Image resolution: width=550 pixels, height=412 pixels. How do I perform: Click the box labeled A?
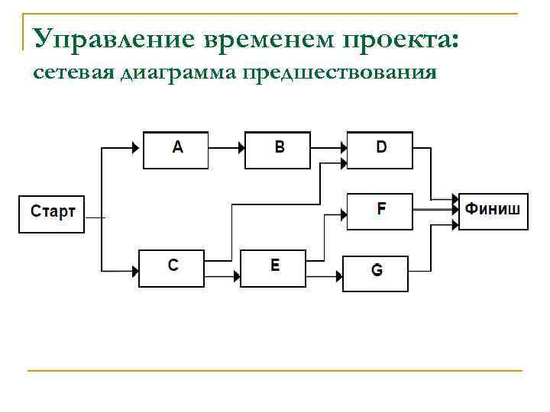click(176, 150)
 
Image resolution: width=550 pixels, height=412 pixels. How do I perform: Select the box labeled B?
click(278, 150)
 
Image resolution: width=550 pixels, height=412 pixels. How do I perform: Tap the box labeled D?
click(380, 150)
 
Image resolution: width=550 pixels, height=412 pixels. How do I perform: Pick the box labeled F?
click(380, 211)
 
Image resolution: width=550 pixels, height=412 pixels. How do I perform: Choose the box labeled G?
click(375, 273)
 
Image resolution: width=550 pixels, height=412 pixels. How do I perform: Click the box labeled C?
click(172, 267)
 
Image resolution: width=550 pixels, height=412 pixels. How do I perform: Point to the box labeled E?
click(273, 267)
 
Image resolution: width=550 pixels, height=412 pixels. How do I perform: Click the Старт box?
click(51, 213)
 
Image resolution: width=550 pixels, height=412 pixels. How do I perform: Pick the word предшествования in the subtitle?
click(339, 73)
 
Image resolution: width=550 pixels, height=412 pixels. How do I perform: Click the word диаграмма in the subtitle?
click(179, 73)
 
